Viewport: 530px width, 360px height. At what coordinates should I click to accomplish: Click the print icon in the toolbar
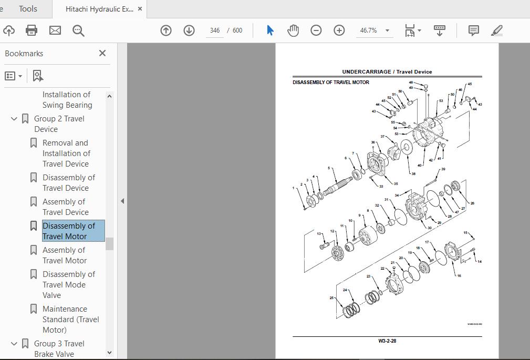32,30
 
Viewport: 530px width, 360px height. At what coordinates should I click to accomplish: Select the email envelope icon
55,30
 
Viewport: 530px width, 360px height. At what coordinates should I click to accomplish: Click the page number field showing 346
214,30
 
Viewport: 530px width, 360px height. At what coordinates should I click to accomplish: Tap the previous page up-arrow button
166,30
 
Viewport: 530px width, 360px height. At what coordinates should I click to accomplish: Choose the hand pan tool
293,30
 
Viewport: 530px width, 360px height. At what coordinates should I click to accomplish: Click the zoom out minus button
316,30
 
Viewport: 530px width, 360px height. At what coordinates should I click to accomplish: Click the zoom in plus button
339,30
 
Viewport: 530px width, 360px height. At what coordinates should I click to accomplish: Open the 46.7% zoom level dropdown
387,30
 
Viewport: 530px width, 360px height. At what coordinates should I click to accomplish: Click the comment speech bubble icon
473,30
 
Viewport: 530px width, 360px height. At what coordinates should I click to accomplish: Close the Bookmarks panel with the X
102,53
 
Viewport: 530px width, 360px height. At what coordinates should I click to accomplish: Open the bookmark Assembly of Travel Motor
64,255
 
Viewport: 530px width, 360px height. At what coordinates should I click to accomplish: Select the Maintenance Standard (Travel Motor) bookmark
70,319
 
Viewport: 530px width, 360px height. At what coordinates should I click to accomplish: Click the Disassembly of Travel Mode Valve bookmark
68,284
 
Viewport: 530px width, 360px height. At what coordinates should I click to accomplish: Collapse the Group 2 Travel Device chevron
14,119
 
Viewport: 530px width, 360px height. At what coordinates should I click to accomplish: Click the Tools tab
28,9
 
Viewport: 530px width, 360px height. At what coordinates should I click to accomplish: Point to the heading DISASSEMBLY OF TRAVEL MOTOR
331,83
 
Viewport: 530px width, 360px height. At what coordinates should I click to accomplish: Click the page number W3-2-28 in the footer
387,341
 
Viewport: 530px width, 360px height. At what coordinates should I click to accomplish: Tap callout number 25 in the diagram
331,298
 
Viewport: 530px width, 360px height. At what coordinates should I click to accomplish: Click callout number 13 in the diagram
319,234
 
